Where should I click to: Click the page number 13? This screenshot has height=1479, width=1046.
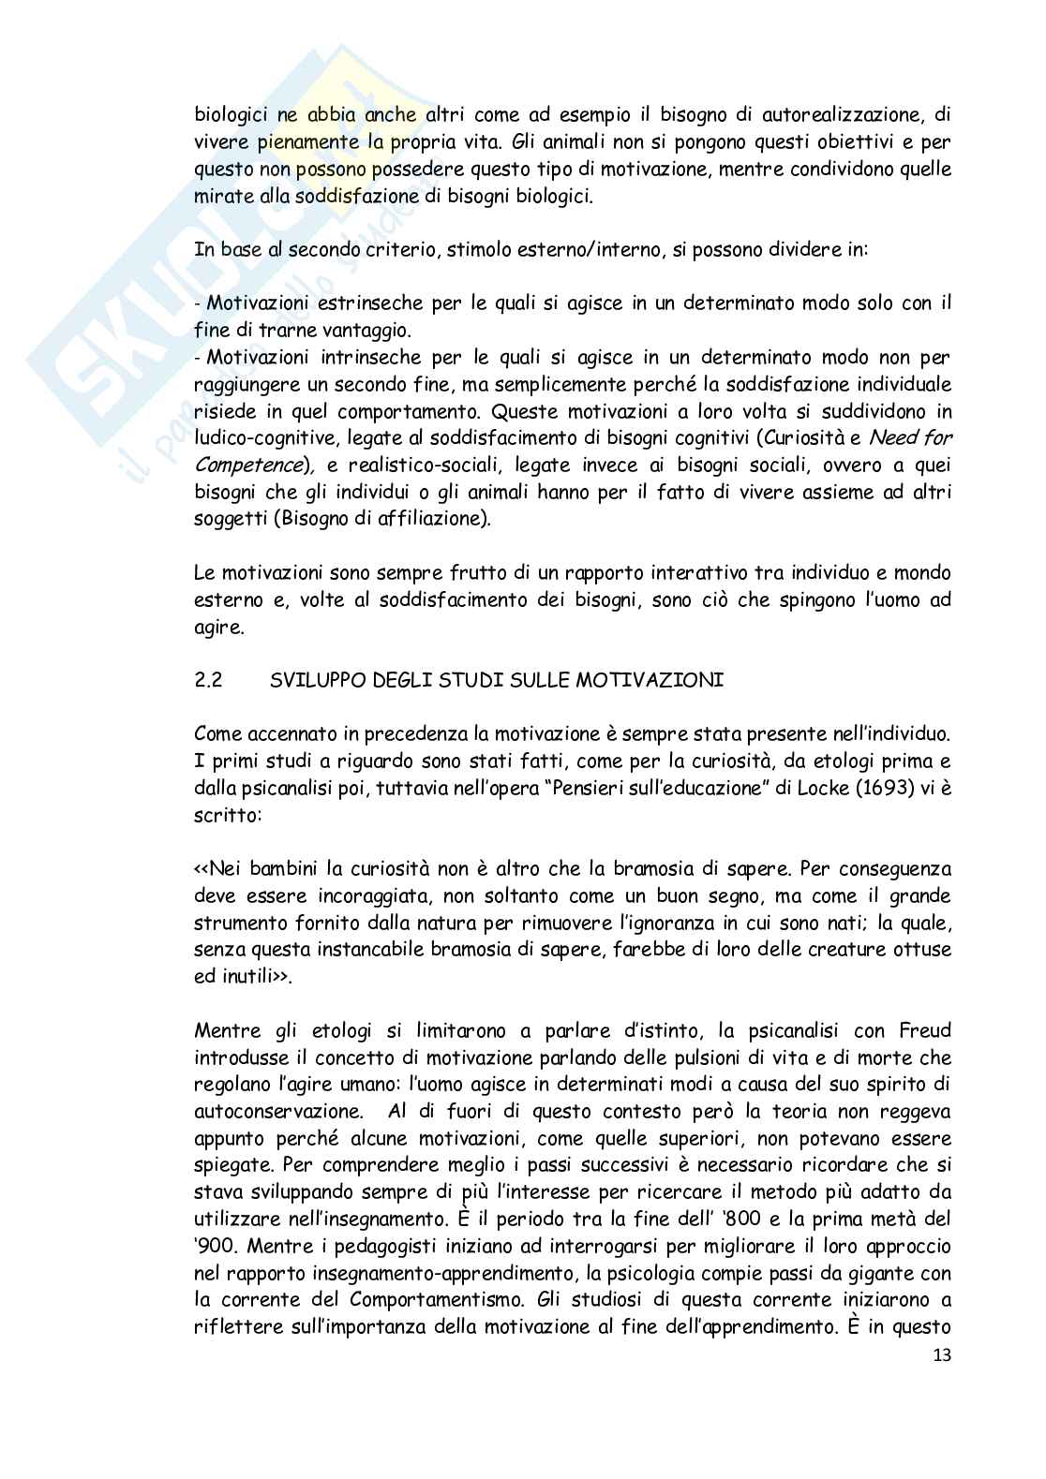click(x=939, y=1355)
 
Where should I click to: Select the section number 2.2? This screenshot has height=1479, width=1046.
click(x=207, y=681)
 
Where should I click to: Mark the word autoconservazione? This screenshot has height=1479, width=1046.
click(x=277, y=1111)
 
